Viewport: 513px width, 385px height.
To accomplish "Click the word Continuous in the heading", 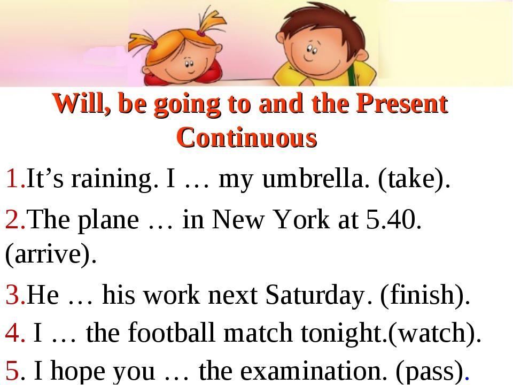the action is click(247, 138).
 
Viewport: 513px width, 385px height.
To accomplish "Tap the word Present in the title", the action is click(402, 103).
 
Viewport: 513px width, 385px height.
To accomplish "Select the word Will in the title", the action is click(81, 103).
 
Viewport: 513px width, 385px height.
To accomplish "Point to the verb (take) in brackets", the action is click(411, 179).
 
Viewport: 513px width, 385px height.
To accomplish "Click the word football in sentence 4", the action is click(171, 332).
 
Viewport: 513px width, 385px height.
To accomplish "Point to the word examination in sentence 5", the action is click(312, 371).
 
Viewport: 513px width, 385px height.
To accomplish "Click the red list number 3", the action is click(13, 295).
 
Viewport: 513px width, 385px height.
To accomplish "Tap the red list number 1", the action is click(12, 179).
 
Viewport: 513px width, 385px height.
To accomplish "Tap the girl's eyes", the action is click(189, 63).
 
